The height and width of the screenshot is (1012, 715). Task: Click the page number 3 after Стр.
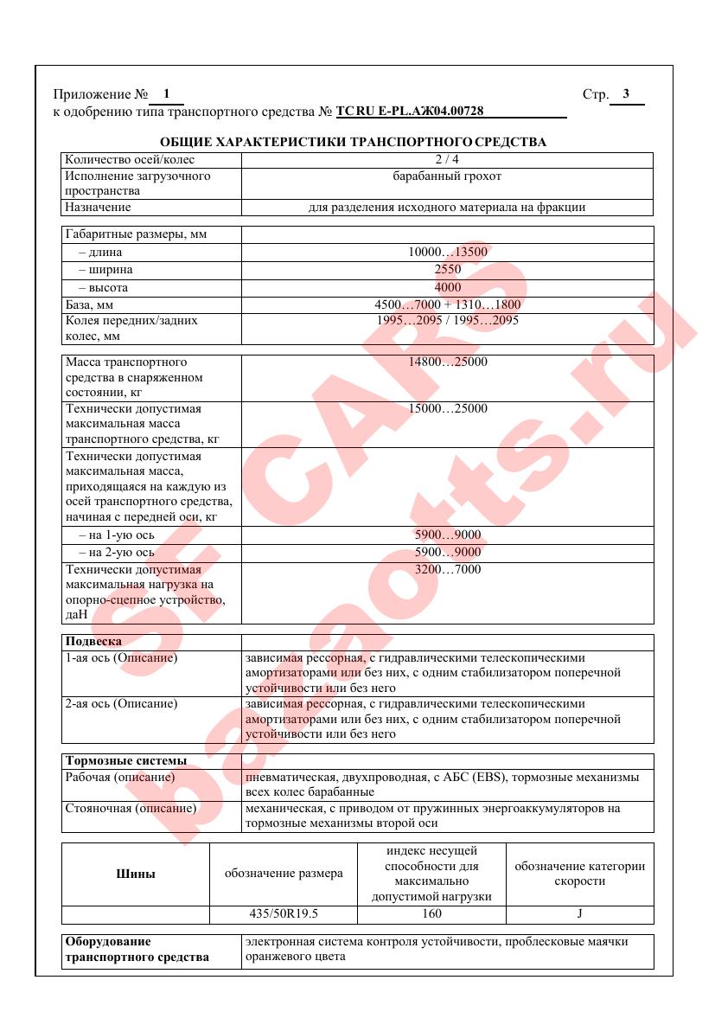click(x=626, y=94)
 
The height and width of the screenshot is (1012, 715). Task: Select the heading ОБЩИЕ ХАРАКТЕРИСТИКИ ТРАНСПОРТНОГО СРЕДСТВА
click(x=353, y=142)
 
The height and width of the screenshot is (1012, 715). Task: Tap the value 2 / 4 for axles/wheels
click(x=447, y=159)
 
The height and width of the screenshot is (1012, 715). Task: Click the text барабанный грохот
click(x=447, y=176)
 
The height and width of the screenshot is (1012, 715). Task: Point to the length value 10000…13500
click(x=448, y=253)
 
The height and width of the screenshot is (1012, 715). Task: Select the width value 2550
click(x=448, y=270)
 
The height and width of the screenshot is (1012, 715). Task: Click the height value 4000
click(x=448, y=287)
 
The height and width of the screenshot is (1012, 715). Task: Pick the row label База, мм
click(x=90, y=304)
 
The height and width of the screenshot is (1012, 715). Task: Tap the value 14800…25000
click(x=448, y=362)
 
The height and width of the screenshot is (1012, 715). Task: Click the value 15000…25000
click(x=448, y=408)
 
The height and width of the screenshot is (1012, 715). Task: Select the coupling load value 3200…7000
click(x=448, y=569)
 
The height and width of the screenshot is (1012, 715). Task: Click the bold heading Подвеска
click(x=93, y=641)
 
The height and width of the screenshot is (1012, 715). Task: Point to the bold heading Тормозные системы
click(x=126, y=760)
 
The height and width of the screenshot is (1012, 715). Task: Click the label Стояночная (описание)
click(x=131, y=809)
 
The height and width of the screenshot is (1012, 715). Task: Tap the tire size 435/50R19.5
click(x=284, y=913)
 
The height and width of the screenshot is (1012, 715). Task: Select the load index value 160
click(x=431, y=913)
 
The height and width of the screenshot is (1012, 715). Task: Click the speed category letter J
click(x=579, y=913)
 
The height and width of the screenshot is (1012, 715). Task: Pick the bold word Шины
click(x=136, y=874)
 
